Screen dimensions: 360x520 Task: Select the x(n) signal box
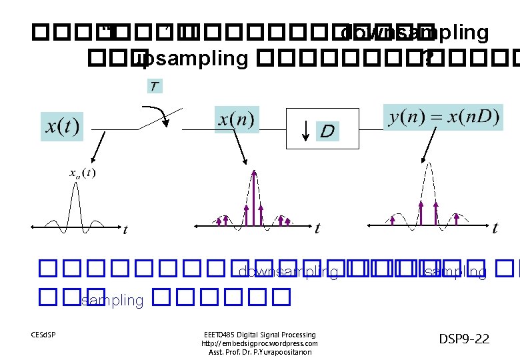point(237,121)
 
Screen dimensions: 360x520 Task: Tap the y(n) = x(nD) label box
point(443,117)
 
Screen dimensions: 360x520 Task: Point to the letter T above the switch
point(155,86)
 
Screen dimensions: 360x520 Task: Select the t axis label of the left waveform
point(125,230)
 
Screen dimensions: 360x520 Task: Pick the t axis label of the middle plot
point(317,229)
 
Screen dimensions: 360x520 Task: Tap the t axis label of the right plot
point(495,229)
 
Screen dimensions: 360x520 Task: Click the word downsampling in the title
point(414,33)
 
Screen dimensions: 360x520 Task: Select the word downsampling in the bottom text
point(288,271)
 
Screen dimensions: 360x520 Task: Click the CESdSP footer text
point(43,334)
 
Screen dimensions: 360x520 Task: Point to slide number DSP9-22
point(464,339)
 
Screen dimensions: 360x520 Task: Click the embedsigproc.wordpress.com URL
point(259,343)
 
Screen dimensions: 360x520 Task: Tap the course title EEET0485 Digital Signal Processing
point(259,335)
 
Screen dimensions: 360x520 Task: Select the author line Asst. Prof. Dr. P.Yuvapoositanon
point(259,352)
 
